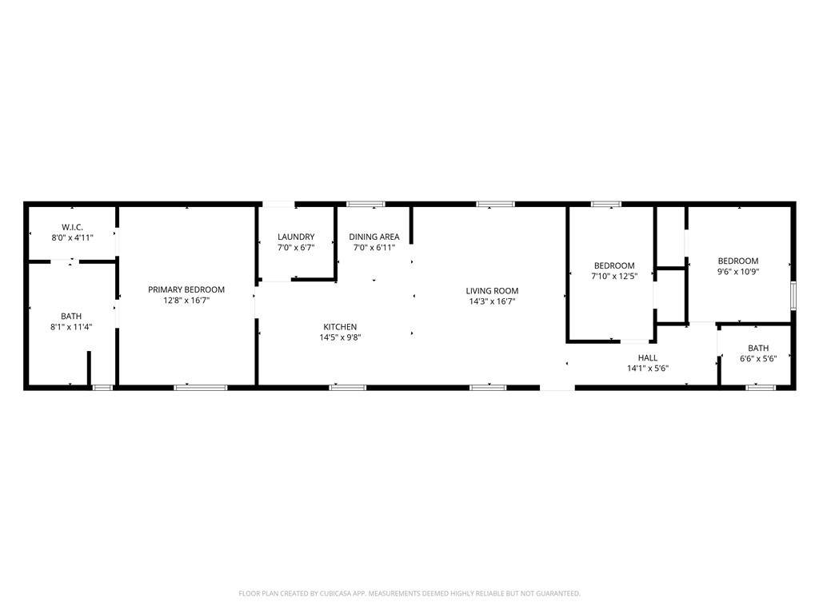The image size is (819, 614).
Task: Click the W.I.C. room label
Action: pyautogui.click(x=72, y=227)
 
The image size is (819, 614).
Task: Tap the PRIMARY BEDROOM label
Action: pyautogui.click(x=186, y=289)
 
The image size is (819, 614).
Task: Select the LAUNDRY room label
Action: pyautogui.click(x=296, y=237)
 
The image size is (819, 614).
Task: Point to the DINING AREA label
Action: pyautogui.click(x=374, y=237)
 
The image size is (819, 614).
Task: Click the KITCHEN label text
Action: pyautogui.click(x=340, y=327)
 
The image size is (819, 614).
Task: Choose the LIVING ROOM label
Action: pyautogui.click(x=493, y=291)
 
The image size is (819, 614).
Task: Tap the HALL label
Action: pyautogui.click(x=648, y=357)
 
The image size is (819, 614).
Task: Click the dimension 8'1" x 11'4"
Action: pyautogui.click(x=71, y=327)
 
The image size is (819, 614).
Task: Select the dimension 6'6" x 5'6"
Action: pyautogui.click(x=758, y=359)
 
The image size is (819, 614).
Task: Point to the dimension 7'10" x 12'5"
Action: pyautogui.click(x=614, y=276)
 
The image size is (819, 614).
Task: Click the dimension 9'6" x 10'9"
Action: pyautogui.click(x=738, y=272)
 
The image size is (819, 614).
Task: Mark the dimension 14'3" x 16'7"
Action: pyautogui.click(x=493, y=301)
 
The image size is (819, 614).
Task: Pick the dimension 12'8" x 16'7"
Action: pyautogui.click(x=186, y=301)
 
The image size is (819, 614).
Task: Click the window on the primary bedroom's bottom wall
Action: pyautogui.click(x=201, y=388)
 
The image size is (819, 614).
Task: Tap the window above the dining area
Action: pyautogui.click(x=366, y=204)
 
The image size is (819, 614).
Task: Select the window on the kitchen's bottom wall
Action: pyautogui.click(x=348, y=388)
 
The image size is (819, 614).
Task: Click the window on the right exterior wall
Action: pyautogui.click(x=793, y=296)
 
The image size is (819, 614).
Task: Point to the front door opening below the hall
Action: pyautogui.click(x=557, y=388)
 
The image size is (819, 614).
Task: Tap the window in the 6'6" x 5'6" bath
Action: pyautogui.click(x=761, y=388)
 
